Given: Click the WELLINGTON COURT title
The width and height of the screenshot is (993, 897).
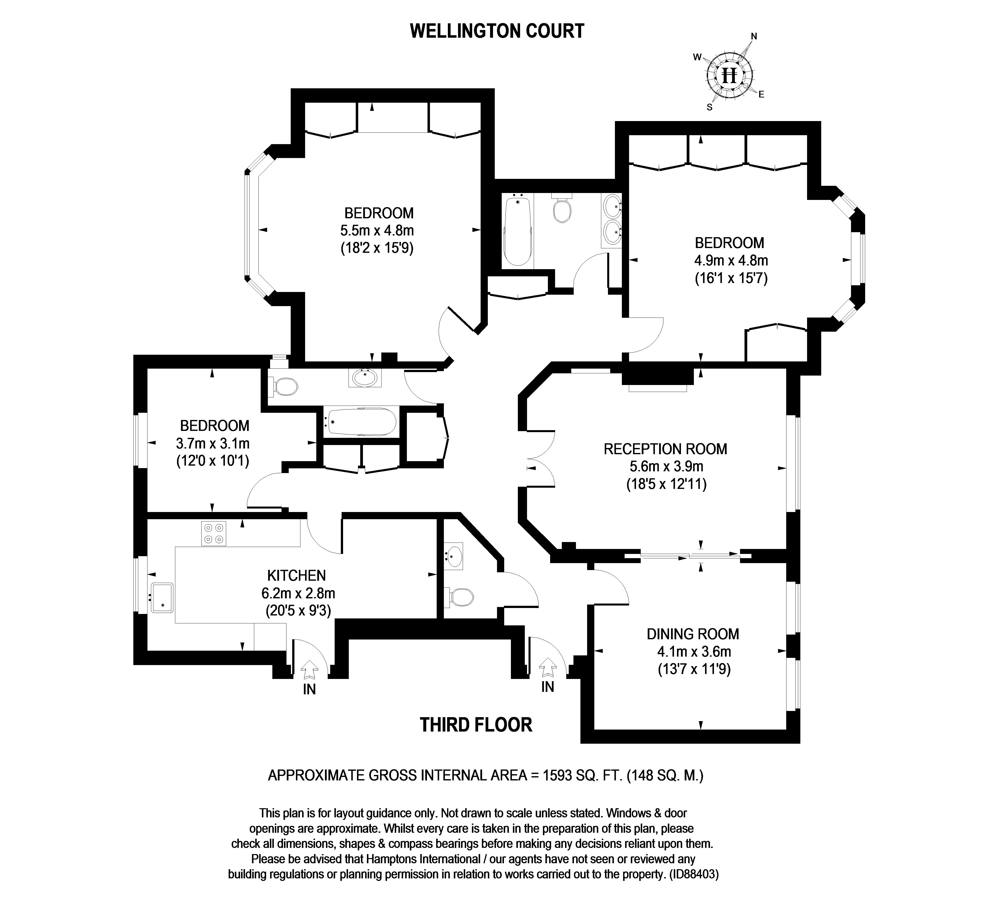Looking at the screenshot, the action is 497,31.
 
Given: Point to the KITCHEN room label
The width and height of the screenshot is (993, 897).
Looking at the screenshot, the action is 296,575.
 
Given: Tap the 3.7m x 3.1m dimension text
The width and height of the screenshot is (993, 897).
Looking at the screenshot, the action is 213,443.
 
